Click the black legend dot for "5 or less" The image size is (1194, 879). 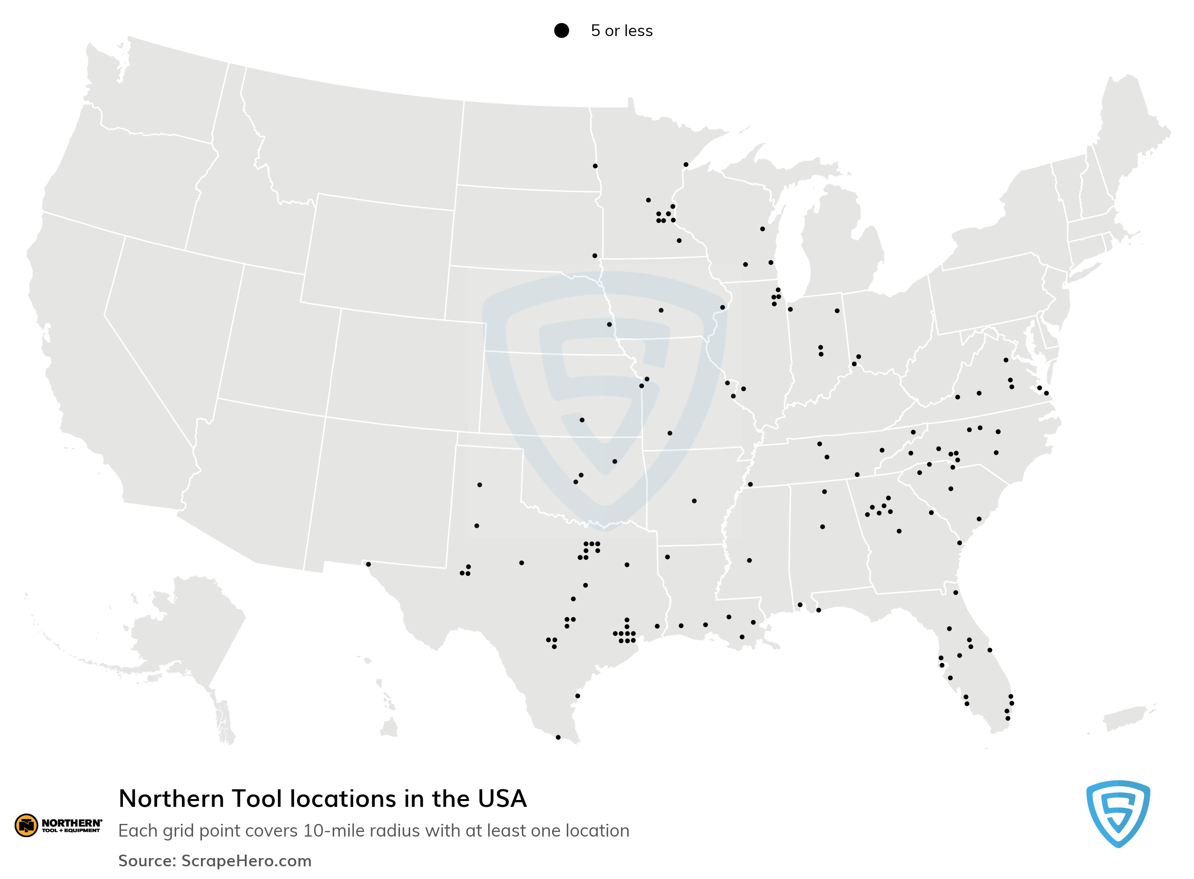point(561,30)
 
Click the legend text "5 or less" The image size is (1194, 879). point(621,31)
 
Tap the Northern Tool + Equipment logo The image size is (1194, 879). point(58,825)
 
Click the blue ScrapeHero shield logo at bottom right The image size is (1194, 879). point(1117,813)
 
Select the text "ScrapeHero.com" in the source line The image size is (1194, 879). point(246,860)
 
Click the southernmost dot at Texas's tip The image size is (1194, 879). point(558,737)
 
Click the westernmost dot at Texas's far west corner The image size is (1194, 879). point(368,564)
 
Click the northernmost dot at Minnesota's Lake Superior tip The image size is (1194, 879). point(686,164)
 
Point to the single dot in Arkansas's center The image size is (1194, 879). point(694,501)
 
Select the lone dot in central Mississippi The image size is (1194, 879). point(750,560)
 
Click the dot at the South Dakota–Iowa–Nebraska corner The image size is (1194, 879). point(595,256)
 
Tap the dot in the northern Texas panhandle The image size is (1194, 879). point(479,485)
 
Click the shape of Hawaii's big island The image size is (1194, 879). point(390,727)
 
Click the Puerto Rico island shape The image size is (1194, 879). point(1124,719)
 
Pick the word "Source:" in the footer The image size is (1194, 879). point(147,860)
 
